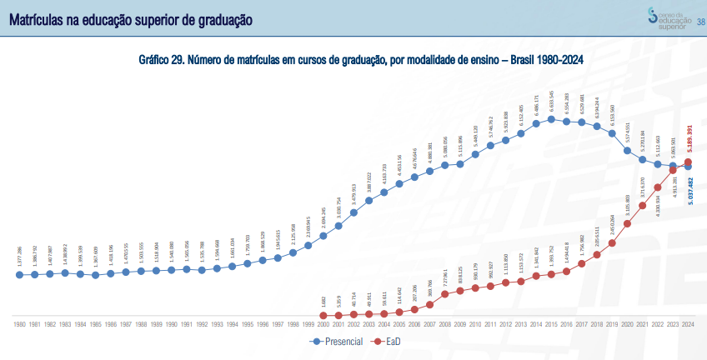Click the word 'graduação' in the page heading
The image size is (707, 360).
coord(218,17)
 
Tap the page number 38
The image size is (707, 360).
coord(700,22)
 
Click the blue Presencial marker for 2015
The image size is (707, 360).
coord(551,119)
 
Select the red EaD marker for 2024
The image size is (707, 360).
coord(688,162)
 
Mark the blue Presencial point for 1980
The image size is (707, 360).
coord(19,274)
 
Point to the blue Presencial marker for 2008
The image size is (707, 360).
coord(444,165)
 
